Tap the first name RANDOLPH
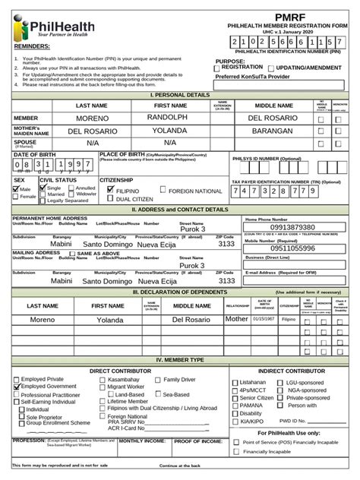click(x=172, y=118)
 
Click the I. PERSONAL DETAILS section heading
click(x=180, y=95)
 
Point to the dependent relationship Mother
click(x=236, y=320)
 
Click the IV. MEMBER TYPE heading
click(x=180, y=360)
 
